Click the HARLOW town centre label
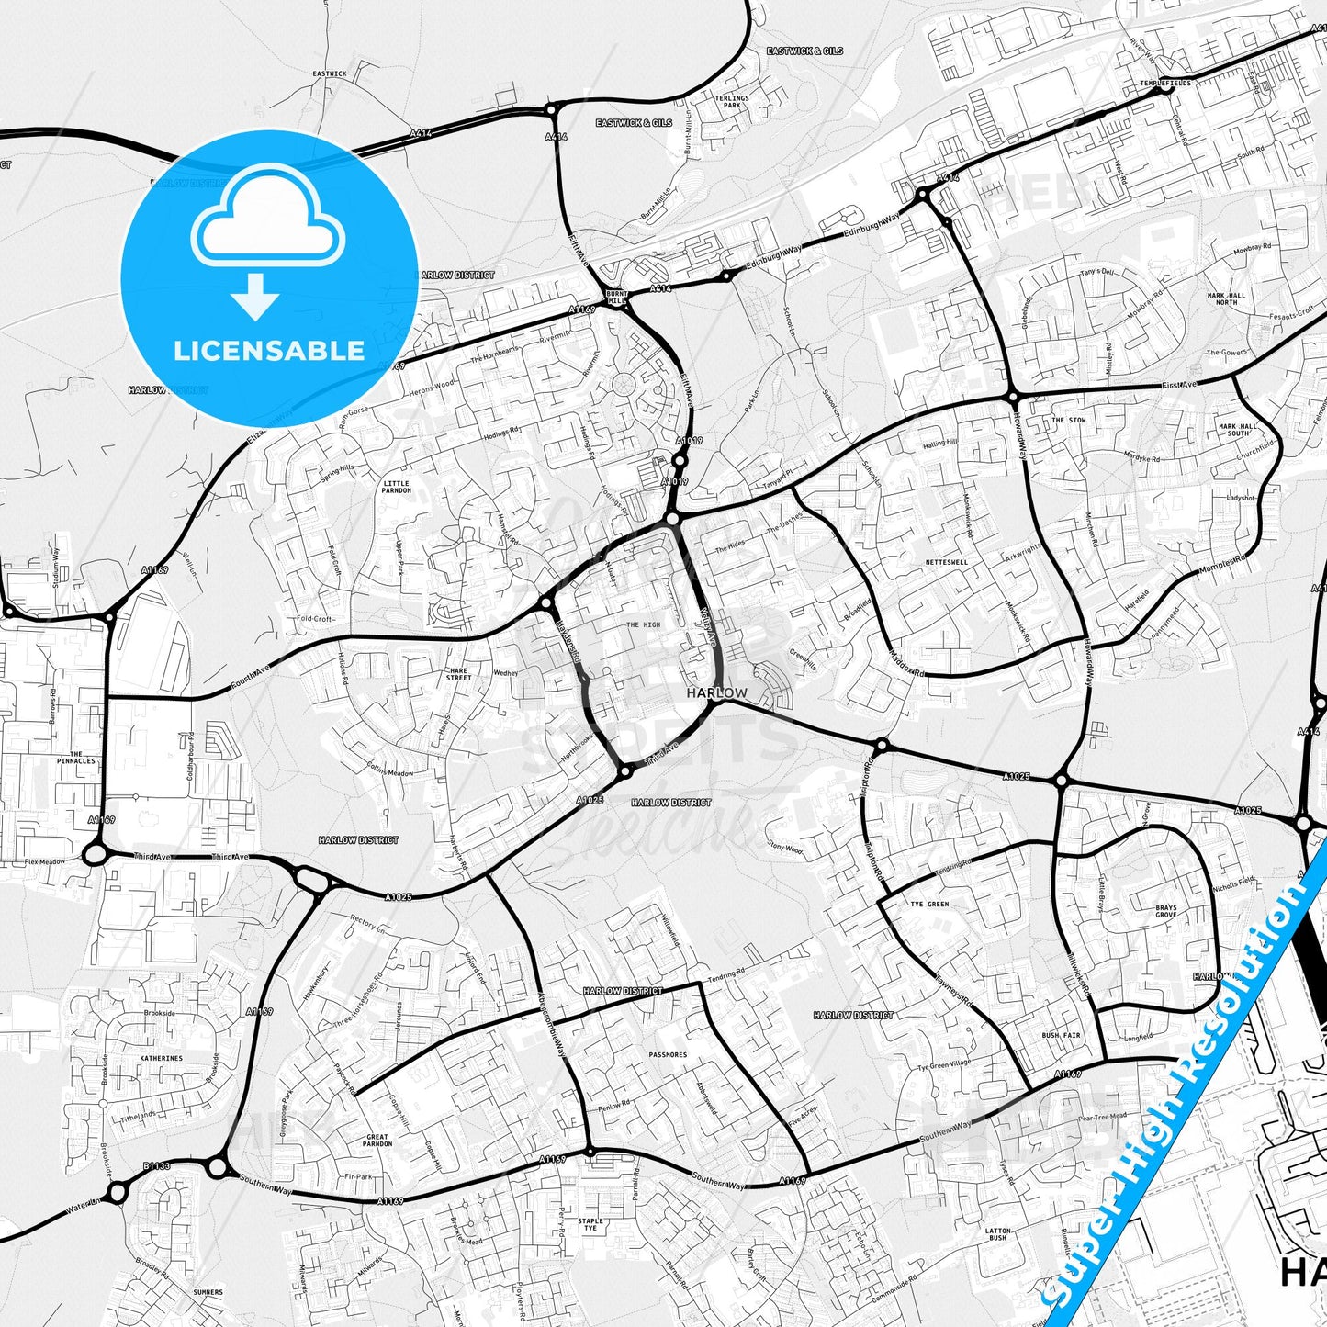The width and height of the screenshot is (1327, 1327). (x=716, y=693)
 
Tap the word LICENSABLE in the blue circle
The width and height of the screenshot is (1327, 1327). (x=269, y=351)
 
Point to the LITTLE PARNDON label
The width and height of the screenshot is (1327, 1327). (x=397, y=487)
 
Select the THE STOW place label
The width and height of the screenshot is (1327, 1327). (x=1069, y=420)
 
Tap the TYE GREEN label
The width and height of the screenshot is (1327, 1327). (x=929, y=905)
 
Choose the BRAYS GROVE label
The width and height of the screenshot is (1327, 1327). (x=1166, y=911)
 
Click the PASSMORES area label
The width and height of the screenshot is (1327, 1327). (x=668, y=1054)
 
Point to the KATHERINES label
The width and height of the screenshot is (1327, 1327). (x=161, y=1058)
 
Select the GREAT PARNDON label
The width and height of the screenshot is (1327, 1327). (x=377, y=1141)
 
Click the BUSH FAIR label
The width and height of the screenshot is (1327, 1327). (x=1061, y=1035)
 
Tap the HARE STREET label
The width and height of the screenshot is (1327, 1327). (x=458, y=674)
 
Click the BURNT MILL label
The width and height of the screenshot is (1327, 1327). (x=615, y=297)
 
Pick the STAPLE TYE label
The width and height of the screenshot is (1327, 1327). (x=590, y=1224)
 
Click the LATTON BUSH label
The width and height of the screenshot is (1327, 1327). (x=998, y=1234)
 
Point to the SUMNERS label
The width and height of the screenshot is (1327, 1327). (x=208, y=1292)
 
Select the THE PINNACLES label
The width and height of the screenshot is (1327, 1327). (x=75, y=758)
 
